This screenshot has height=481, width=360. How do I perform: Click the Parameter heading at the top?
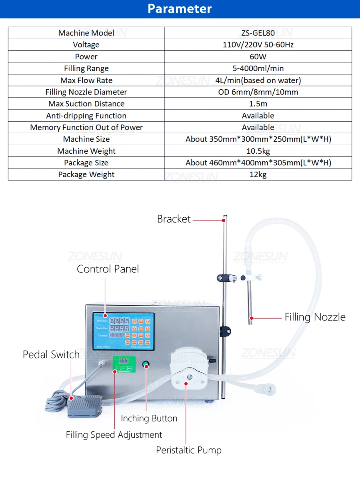point(180,9)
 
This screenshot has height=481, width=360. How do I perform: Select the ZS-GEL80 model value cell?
point(258,33)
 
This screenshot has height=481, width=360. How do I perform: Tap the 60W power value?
point(258,56)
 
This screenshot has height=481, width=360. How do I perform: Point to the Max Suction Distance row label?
point(86,104)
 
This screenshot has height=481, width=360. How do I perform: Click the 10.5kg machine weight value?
point(258,151)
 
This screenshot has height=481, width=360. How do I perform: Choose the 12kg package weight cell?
point(258,174)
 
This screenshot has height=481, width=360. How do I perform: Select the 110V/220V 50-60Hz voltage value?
point(258,45)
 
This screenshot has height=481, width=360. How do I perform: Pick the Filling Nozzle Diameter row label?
point(86,92)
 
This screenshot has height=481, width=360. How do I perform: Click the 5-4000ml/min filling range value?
point(258,68)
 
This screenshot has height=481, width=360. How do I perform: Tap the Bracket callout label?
point(174,219)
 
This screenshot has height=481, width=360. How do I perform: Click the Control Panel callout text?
point(108,269)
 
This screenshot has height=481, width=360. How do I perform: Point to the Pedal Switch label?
point(51,355)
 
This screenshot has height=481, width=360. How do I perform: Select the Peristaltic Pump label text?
point(189,450)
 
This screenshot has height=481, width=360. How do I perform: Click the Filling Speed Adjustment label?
point(114,435)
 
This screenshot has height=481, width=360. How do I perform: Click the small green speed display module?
point(124,364)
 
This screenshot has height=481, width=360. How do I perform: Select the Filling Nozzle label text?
point(315,317)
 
